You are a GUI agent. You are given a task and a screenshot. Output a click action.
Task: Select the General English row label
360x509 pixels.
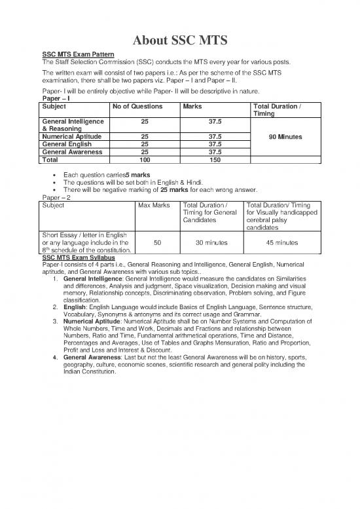click(x=67, y=144)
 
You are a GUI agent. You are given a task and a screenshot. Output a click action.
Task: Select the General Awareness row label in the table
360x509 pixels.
click(x=72, y=152)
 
